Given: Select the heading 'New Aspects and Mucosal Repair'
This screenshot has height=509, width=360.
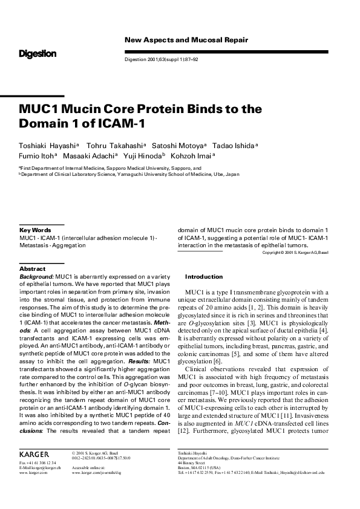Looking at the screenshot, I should tap(186, 40).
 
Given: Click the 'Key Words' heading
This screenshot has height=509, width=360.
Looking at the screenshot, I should tap(35, 230).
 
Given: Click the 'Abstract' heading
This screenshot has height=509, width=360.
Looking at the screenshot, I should tap(33, 268).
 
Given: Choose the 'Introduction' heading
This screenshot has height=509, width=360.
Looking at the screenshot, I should tap(204, 277).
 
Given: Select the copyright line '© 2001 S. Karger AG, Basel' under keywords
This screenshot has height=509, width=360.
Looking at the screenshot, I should tap(295, 252).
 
